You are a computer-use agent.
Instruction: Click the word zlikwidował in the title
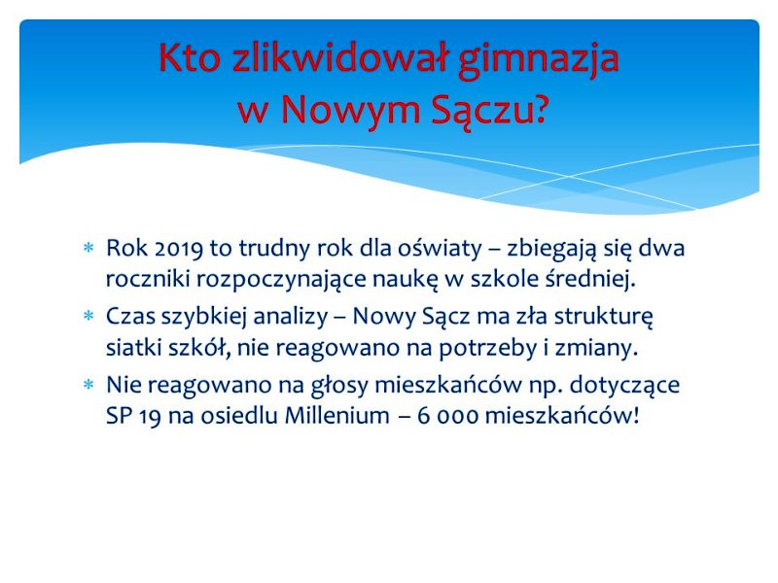tap(339, 57)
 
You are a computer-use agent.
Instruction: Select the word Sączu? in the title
tap(488, 111)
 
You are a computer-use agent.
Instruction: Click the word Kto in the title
tap(190, 57)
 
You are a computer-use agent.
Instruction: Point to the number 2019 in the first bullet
tap(179, 249)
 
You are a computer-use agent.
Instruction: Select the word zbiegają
tap(550, 250)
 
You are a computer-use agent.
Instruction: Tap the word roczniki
tap(148, 279)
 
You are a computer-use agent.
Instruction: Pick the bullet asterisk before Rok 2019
tap(88, 248)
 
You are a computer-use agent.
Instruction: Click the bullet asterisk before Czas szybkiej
tap(88, 315)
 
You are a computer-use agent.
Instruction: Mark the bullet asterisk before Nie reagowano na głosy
tap(88, 384)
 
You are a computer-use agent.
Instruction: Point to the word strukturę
tap(603, 318)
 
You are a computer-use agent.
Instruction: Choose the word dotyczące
tap(624, 386)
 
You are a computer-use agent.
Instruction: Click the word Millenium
tap(336, 416)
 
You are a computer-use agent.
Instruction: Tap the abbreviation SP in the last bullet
tap(119, 416)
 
